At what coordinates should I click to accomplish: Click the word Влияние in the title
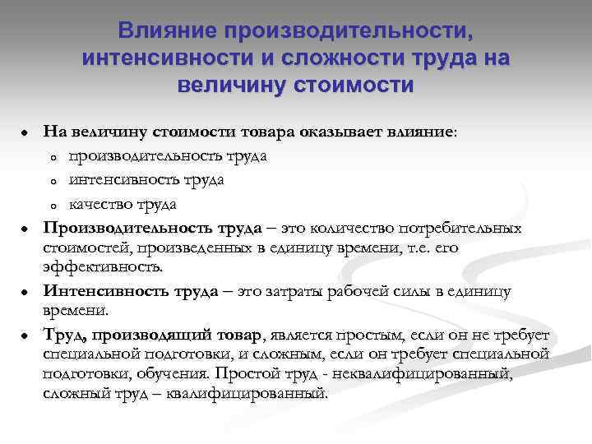[x=169, y=31]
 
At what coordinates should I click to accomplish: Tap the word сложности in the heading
[x=340, y=58]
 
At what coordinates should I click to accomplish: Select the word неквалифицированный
[x=444, y=374]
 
